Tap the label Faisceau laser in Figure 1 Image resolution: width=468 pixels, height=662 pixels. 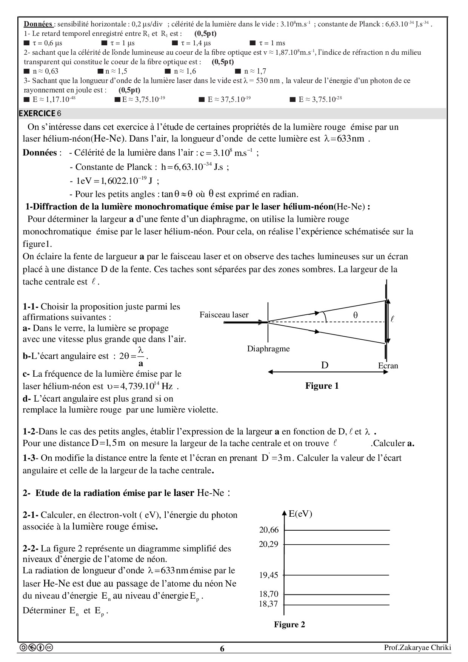(x=224, y=315)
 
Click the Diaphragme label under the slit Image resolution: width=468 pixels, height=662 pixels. (x=268, y=349)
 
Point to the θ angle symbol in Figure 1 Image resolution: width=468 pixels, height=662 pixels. (x=355, y=315)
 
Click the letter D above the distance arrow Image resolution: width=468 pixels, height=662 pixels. (x=325, y=365)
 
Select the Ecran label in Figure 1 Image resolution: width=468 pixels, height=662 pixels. (x=388, y=365)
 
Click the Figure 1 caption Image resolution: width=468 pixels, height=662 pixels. (x=322, y=386)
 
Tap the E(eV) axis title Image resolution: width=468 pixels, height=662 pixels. (x=300, y=514)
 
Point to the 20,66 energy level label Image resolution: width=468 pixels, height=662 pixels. (x=269, y=530)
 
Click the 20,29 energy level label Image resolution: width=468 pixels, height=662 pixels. (x=269, y=544)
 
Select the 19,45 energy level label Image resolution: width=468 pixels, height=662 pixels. (x=269, y=575)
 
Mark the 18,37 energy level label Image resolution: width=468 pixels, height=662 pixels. (x=269, y=604)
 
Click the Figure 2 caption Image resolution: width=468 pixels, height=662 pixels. (x=289, y=625)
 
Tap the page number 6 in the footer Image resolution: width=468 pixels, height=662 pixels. (x=222, y=649)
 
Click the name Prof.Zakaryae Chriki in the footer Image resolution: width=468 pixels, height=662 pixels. (x=417, y=648)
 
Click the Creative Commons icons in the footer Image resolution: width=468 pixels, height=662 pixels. (x=36, y=648)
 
